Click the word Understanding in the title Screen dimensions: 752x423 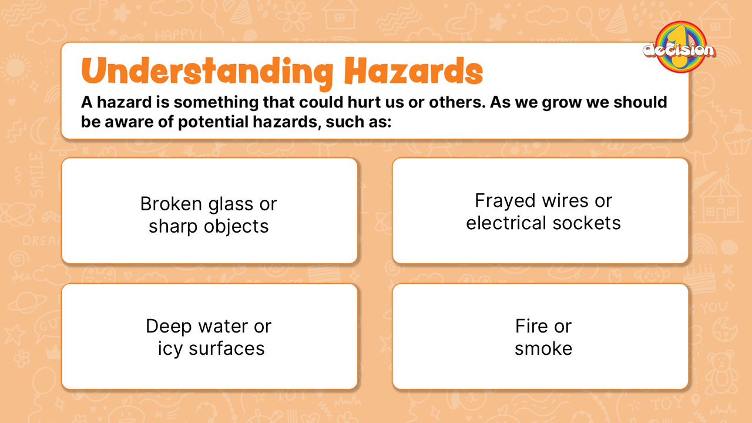(207, 72)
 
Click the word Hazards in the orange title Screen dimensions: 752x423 (414, 70)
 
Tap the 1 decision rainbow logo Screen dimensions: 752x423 (680, 48)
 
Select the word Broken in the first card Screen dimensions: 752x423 (171, 203)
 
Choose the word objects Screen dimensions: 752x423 (236, 227)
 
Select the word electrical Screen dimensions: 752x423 (506, 223)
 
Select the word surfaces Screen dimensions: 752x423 (226, 349)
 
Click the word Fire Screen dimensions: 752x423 (531, 326)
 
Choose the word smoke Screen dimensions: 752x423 (543, 348)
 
